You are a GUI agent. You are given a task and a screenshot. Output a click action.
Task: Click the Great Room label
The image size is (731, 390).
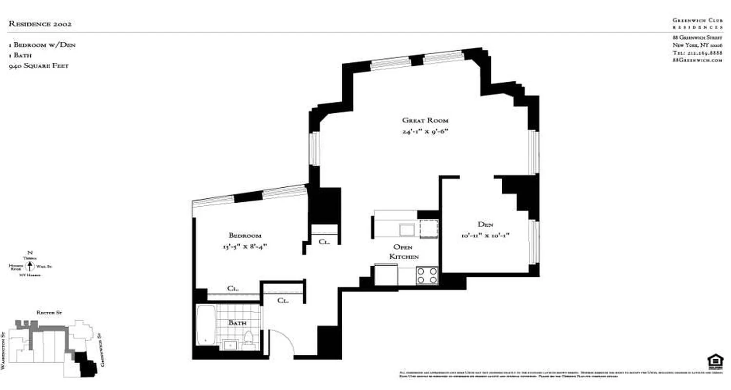pos(425,120)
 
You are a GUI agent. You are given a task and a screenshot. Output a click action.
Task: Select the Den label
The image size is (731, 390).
pos(485,225)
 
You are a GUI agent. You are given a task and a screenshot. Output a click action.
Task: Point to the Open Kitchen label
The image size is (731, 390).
pos(404,252)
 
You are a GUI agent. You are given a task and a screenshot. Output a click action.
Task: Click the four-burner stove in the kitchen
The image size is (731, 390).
pos(427,276)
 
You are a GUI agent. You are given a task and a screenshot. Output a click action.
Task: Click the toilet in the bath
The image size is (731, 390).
pos(249,337)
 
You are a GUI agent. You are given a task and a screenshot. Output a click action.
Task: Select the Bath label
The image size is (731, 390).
pos(237,323)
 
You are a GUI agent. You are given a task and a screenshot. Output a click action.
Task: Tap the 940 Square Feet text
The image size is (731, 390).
pos(38,66)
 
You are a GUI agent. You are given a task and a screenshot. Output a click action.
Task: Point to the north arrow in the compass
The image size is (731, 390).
pos(30,266)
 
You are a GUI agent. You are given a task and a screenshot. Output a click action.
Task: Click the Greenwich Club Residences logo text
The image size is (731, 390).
pos(697,23)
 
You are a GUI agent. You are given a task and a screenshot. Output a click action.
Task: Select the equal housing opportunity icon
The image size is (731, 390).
pos(715,361)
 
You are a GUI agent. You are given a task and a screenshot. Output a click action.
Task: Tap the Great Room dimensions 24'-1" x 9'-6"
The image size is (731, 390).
pos(425,131)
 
